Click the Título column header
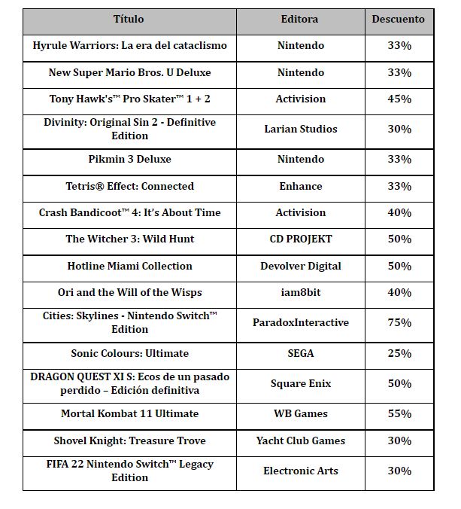click(129, 19)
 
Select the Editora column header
click(300, 19)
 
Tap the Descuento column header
click(398, 19)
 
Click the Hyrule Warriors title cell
click(129, 46)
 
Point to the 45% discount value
click(399, 99)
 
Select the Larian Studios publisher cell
click(300, 130)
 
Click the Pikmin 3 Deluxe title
click(129, 160)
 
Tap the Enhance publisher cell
click(300, 187)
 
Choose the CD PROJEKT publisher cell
click(300, 239)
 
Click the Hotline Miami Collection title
click(129, 267)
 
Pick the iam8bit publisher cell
click(300, 293)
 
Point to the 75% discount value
click(399, 323)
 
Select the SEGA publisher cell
click(300, 354)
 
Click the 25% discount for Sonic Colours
click(399, 354)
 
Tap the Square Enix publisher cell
click(300, 384)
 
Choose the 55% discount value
click(399, 414)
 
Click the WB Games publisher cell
click(300, 414)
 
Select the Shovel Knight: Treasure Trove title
click(129, 441)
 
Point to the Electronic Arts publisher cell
click(300, 471)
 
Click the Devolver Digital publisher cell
click(300, 267)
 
